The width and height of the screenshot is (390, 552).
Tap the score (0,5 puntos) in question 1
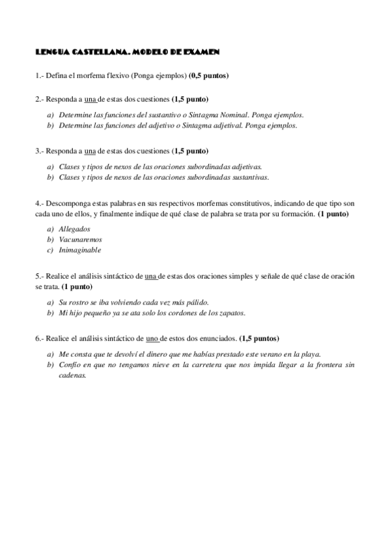(208, 76)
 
